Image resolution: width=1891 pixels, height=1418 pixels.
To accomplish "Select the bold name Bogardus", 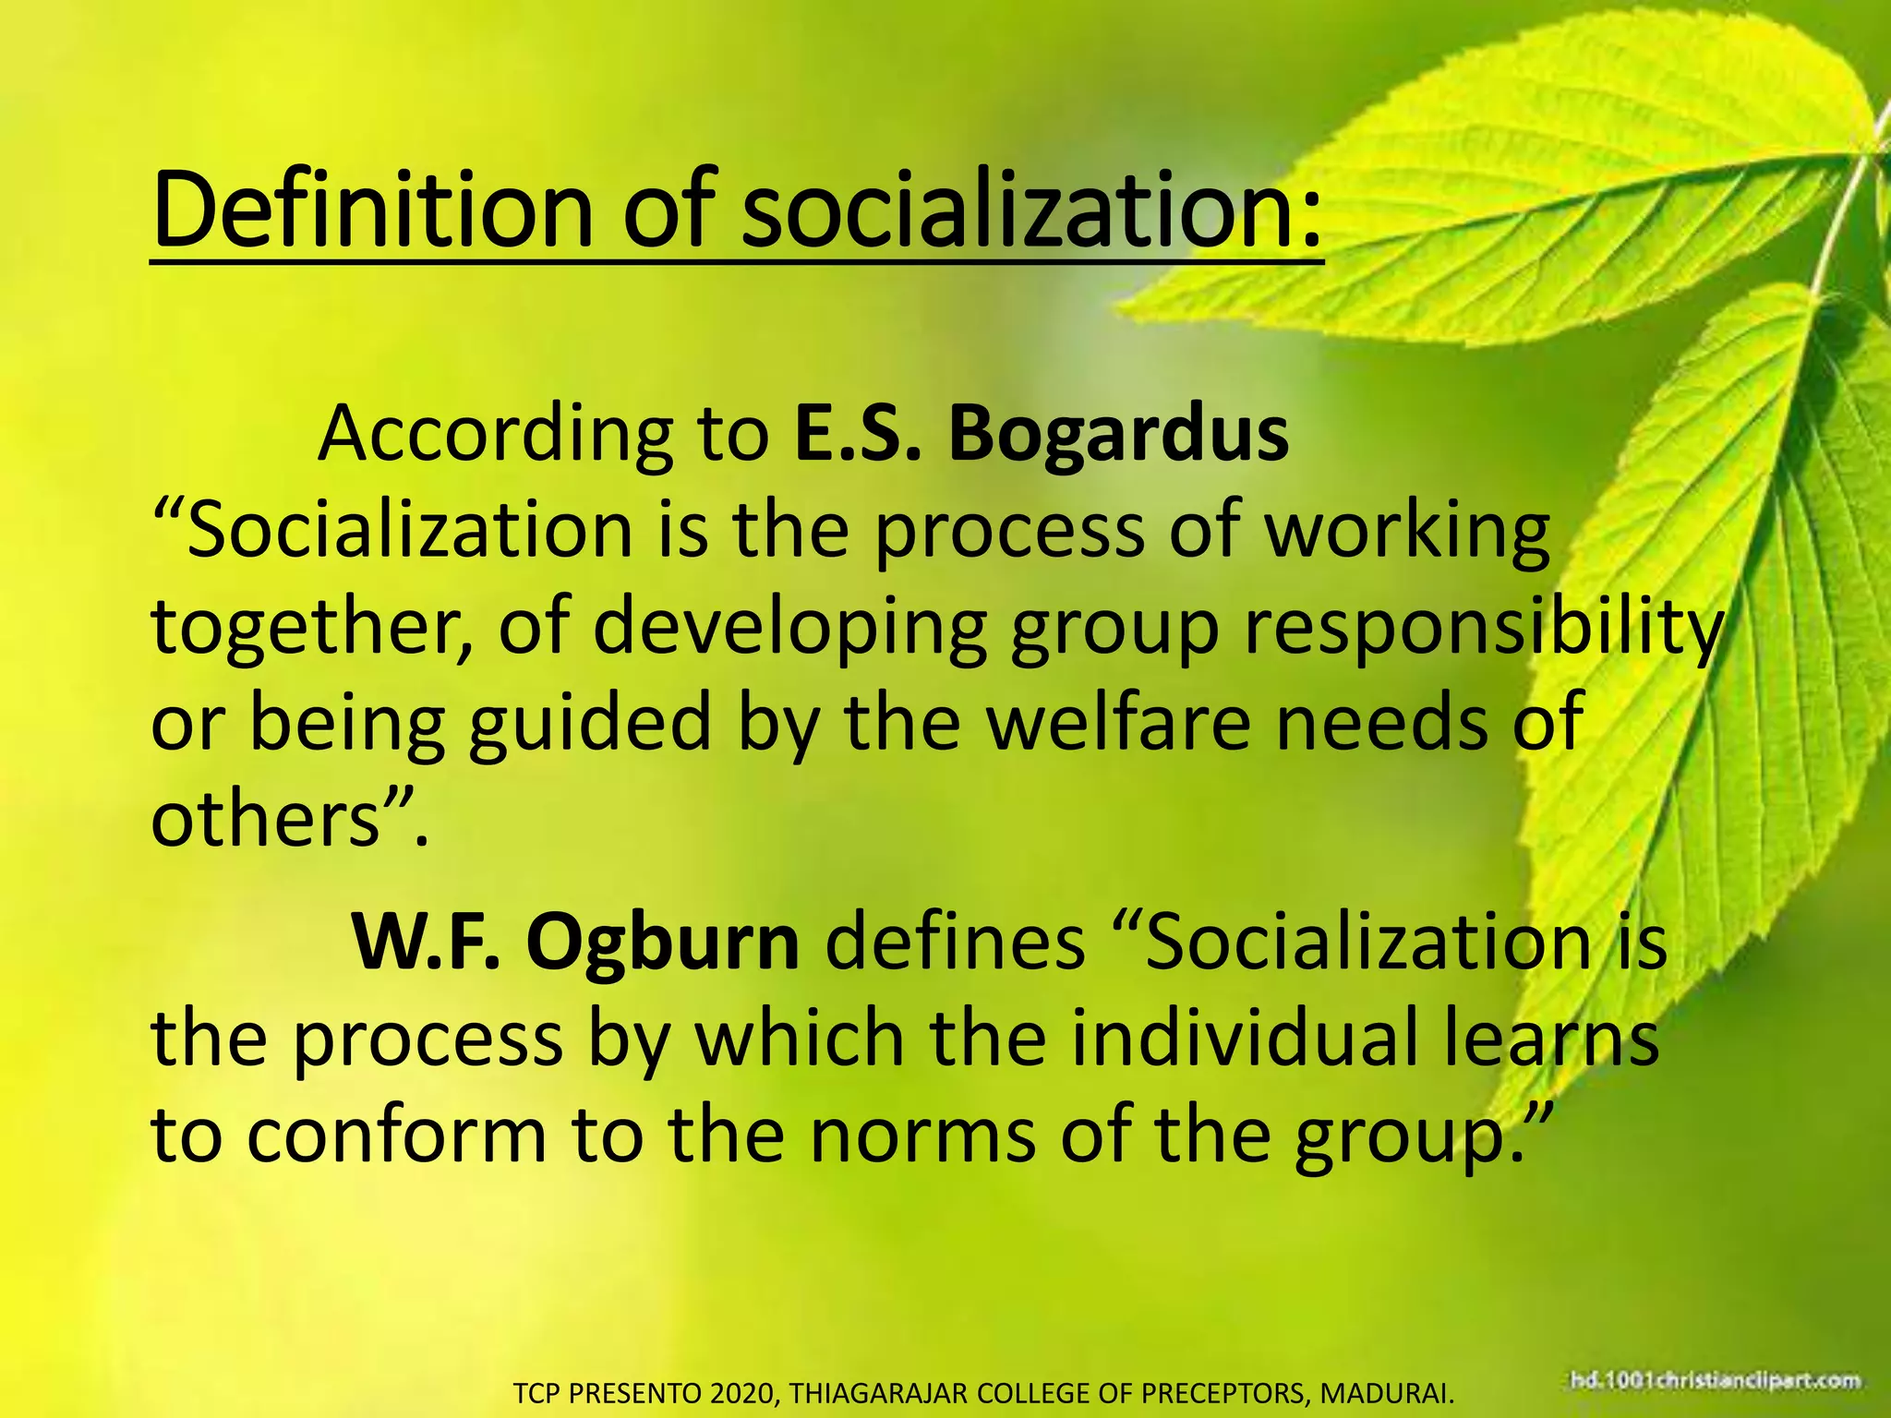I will [1118, 434].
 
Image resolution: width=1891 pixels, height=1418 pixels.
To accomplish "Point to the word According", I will [495, 434].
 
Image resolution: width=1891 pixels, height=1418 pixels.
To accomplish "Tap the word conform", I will [397, 1136].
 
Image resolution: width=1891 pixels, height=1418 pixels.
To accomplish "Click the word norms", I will [922, 1136].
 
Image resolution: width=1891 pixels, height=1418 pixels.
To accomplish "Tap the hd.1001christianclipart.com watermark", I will [1715, 1382].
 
